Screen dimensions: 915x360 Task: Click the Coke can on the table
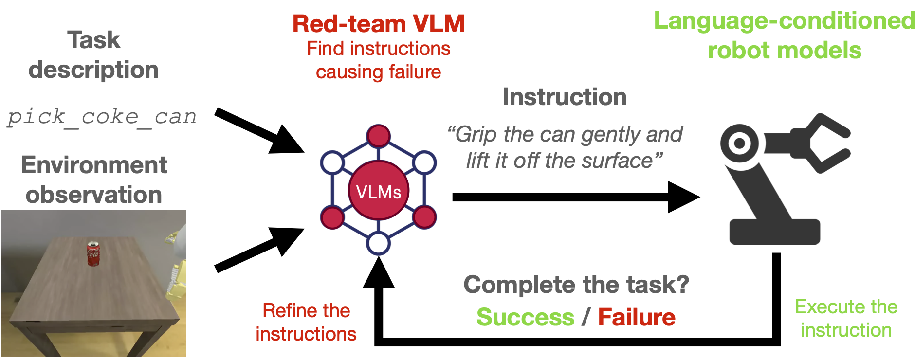[x=93, y=253]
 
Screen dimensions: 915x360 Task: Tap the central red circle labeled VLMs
[x=379, y=191]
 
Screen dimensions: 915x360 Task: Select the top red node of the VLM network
[x=379, y=136]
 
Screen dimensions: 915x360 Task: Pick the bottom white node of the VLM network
[x=379, y=243]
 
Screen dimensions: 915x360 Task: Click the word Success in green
[x=525, y=317]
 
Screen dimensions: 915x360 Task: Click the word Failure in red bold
[x=637, y=317]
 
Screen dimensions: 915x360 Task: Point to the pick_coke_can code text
[x=102, y=117]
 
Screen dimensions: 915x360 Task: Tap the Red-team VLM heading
[x=379, y=23]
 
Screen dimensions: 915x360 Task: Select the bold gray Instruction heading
[x=565, y=96]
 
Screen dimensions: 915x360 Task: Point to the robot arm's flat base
[x=775, y=232]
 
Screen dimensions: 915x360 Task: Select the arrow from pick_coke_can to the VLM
[x=259, y=130]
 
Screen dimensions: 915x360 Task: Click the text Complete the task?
[x=576, y=285]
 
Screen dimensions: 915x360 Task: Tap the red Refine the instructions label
[x=306, y=322]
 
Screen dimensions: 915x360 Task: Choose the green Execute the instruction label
[x=846, y=318]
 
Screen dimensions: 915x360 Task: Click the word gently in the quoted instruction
[x=606, y=135]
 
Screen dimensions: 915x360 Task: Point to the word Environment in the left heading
[x=94, y=165]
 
